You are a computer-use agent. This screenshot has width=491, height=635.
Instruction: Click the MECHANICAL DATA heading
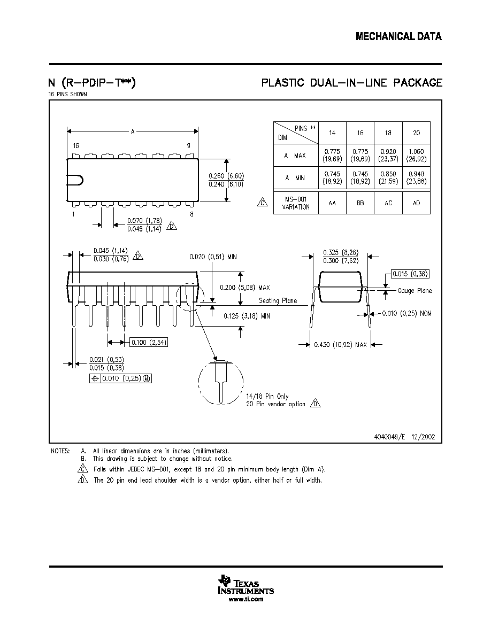coord(398,36)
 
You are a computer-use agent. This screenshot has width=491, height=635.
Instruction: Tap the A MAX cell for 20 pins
coord(417,155)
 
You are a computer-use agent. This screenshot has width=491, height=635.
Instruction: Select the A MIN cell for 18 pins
coord(388,177)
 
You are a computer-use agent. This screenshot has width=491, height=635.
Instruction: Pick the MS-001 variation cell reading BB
coord(360,203)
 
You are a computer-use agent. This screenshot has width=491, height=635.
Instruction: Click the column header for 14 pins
coord(332,133)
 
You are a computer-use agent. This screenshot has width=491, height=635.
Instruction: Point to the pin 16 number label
coord(76,145)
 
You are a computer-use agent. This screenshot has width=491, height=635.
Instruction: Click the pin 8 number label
coord(191,214)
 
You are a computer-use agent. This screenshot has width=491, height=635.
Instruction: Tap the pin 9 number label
coord(188,145)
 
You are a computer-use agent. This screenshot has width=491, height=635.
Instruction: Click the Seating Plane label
coord(278,300)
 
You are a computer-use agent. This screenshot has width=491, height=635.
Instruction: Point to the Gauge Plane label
coord(415,290)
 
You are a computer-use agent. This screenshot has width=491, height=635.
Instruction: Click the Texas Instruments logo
coord(246,584)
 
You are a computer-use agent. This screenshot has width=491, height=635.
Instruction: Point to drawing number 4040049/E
coord(389,437)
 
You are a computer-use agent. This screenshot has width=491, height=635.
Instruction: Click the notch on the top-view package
coord(78,180)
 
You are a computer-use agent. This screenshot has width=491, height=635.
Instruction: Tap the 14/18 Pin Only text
coord(267,396)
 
